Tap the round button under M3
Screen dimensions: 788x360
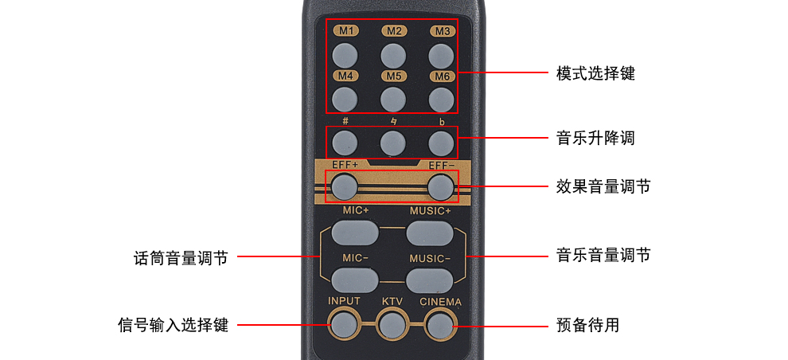[x=441, y=55]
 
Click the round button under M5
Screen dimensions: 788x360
[x=392, y=100]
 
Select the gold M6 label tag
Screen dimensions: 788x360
[x=443, y=76]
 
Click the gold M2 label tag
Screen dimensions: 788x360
[x=393, y=31]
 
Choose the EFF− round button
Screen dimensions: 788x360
[x=441, y=187]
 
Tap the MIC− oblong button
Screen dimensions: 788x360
[x=354, y=280]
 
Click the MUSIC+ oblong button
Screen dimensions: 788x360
[x=430, y=232]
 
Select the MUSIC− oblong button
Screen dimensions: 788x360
[x=430, y=280]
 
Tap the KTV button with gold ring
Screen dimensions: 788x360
[x=392, y=324]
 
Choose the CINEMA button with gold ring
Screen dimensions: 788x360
[x=440, y=324]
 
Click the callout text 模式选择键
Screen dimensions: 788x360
[x=595, y=74]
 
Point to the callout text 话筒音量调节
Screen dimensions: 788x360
[x=181, y=258]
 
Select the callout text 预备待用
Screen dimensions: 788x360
[x=587, y=326]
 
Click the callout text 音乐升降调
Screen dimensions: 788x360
[x=595, y=138]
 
